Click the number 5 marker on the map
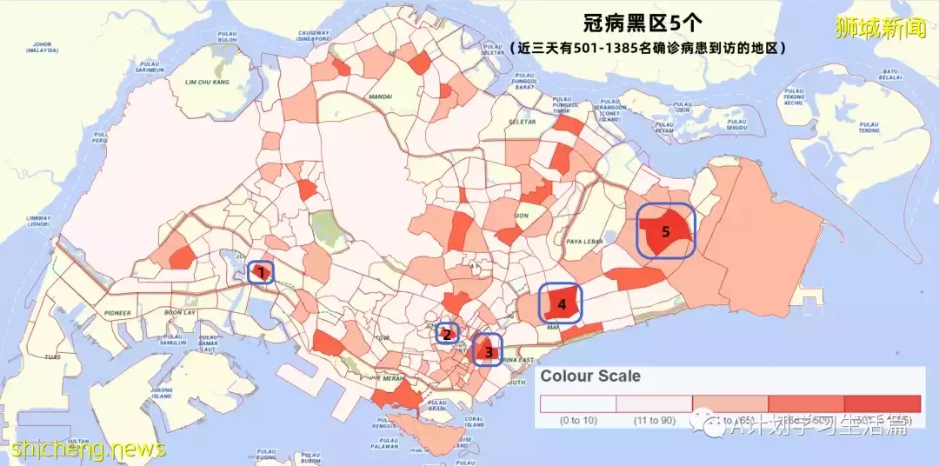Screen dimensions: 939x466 (x=666, y=230)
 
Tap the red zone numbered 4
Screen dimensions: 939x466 (x=561, y=303)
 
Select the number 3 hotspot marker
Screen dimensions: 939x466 (x=489, y=350)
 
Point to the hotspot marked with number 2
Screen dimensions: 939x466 (x=447, y=333)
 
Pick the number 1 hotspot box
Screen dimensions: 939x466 (x=260, y=273)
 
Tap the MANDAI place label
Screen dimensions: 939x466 (x=381, y=97)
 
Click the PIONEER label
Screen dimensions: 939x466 (x=116, y=312)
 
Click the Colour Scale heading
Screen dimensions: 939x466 (x=590, y=376)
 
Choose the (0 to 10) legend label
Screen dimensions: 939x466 (x=577, y=421)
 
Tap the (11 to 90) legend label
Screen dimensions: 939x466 (x=653, y=421)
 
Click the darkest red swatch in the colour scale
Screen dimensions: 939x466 (x=882, y=403)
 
